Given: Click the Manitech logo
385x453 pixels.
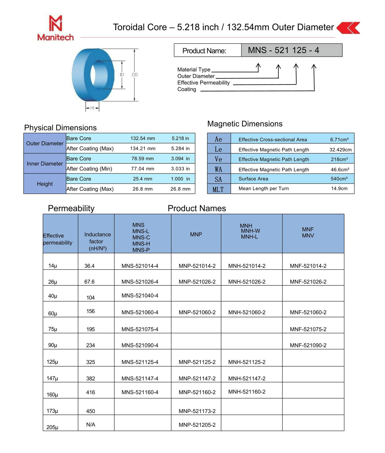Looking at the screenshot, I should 56,28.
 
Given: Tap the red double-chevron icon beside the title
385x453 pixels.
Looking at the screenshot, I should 348,28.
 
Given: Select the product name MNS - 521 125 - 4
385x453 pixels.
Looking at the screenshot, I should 283,50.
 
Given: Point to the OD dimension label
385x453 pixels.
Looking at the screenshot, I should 135,75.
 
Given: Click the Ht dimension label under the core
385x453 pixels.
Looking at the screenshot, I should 92,108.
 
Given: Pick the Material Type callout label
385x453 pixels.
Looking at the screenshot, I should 194,70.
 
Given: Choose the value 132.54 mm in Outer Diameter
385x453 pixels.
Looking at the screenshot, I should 142,138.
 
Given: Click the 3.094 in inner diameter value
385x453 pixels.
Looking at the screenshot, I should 180,159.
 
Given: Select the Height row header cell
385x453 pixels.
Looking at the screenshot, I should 45,184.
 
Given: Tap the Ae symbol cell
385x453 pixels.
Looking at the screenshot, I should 218,139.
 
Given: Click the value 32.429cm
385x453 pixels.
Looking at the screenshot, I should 340,150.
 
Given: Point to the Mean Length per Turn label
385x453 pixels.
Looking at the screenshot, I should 263,189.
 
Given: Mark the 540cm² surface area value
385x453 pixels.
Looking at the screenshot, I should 339,179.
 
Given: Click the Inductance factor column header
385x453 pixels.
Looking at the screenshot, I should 97,241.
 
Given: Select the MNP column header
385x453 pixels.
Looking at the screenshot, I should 196,234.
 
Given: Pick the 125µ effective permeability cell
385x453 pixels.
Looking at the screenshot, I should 53,362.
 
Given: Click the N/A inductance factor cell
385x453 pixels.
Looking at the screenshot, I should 90,425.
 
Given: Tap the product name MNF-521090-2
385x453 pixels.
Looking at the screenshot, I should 308,345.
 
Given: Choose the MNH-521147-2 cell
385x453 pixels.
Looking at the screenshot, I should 247,378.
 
